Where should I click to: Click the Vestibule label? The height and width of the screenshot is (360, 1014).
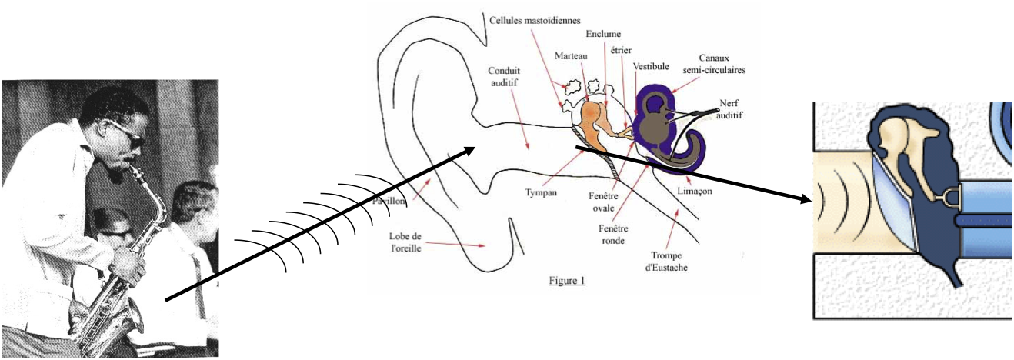pyautogui.click(x=651, y=67)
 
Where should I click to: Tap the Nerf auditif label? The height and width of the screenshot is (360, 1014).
pyautogui.click(x=733, y=108)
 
